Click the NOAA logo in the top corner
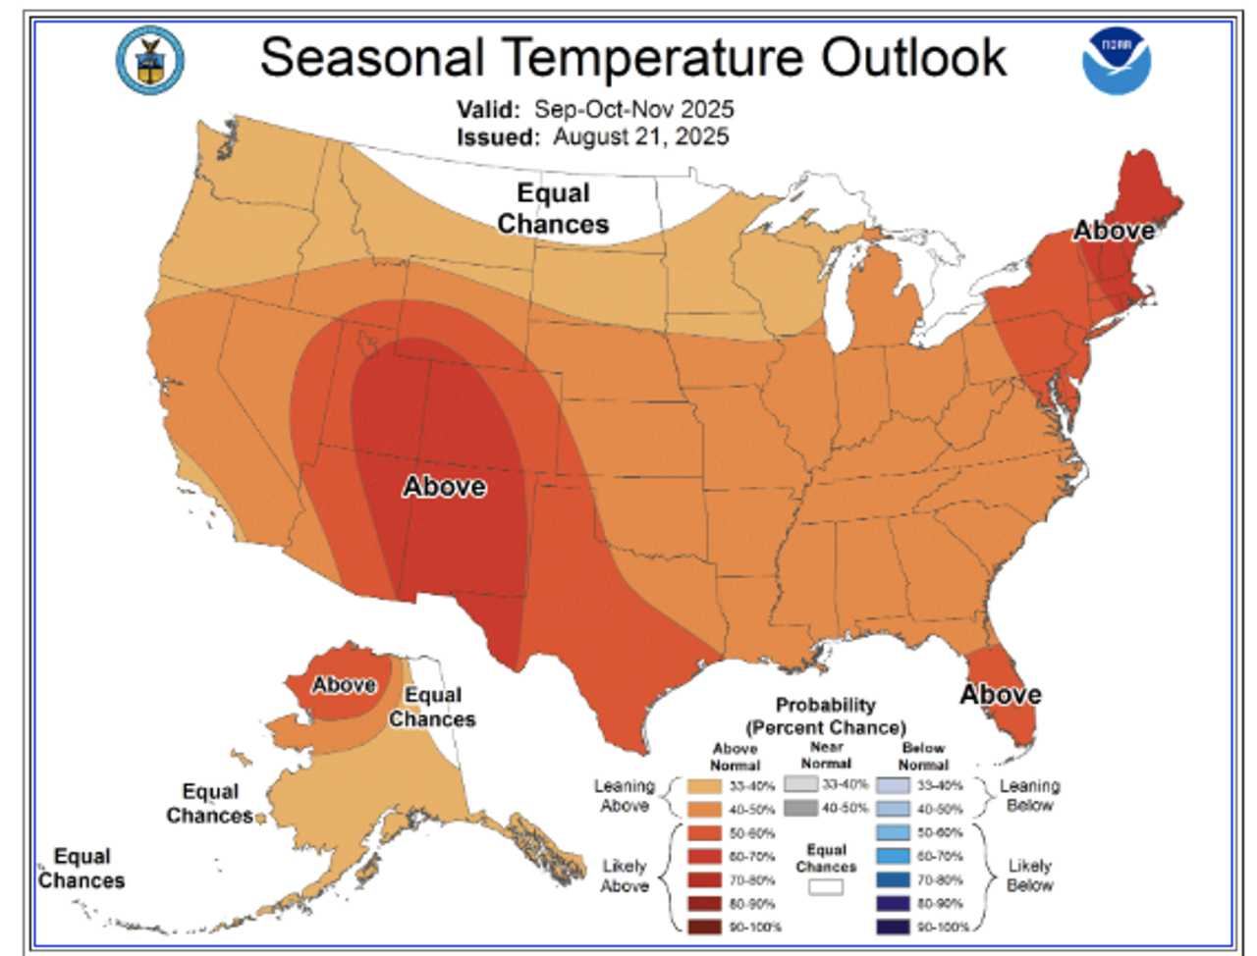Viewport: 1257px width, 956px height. tap(1117, 61)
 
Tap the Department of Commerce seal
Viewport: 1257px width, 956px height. tap(150, 60)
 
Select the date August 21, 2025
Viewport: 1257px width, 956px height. tap(640, 136)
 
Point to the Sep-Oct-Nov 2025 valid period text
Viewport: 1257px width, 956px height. tap(633, 109)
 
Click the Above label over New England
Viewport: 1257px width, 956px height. tap(1113, 231)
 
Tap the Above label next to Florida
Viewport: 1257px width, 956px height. tap(1000, 694)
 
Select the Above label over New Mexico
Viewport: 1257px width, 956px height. tap(444, 486)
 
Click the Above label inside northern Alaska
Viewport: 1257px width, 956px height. tap(344, 684)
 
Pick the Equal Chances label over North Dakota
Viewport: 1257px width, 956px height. tap(553, 208)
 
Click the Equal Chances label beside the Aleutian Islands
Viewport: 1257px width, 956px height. tap(82, 868)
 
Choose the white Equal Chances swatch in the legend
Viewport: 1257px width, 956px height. tap(826, 886)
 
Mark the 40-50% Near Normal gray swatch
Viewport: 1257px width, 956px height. tap(800, 809)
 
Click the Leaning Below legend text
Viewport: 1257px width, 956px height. tap(1028, 795)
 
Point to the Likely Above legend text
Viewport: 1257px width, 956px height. tap(624, 876)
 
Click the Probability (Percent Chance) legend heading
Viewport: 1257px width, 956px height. tap(825, 716)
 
